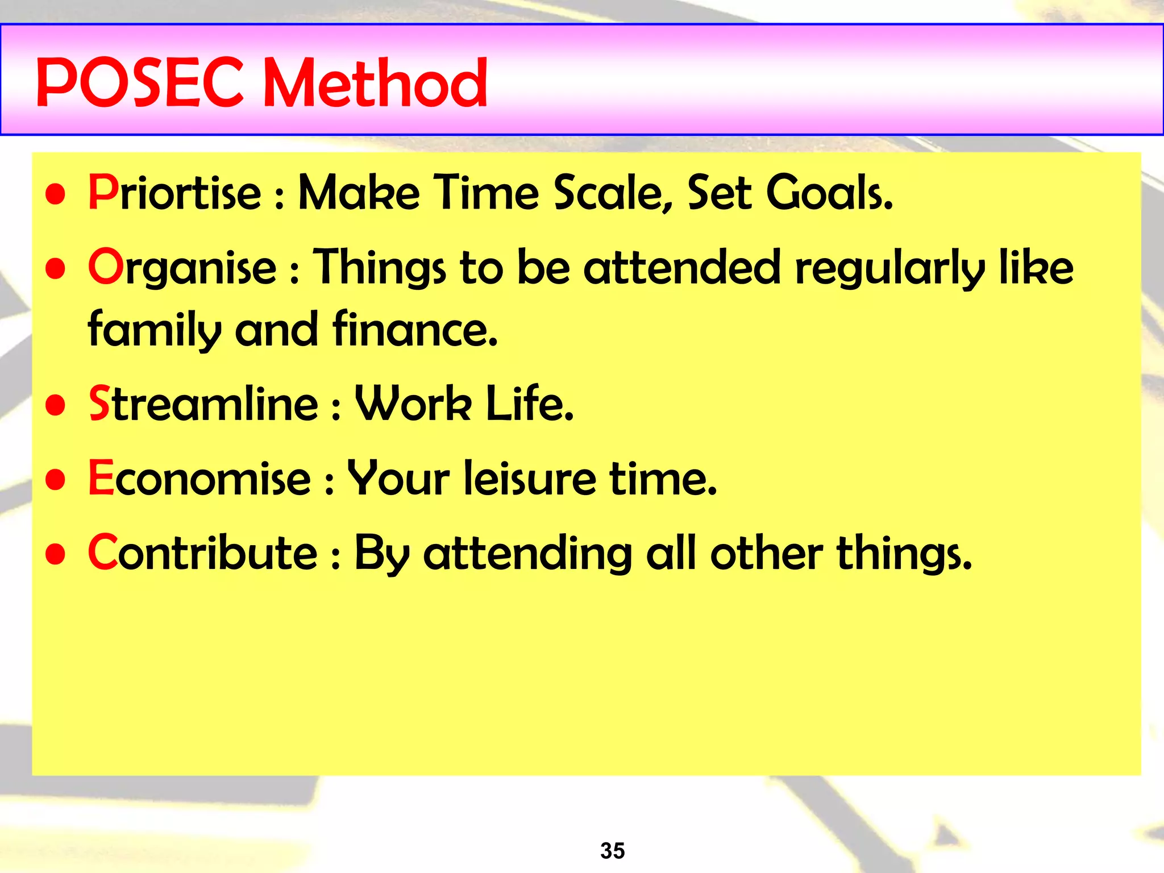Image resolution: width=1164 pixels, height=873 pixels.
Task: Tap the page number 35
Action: (612, 851)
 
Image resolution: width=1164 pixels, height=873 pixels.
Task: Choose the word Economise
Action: (199, 479)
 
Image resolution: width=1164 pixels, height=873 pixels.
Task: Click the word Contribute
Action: (202, 553)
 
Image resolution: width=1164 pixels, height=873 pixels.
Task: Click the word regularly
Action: (889, 269)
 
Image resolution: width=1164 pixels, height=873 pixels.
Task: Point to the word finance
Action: (414, 330)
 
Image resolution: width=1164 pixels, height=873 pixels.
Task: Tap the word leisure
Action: (529, 479)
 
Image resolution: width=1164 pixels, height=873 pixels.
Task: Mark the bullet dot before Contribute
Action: (56, 554)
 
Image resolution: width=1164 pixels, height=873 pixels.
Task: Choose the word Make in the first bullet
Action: (359, 193)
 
